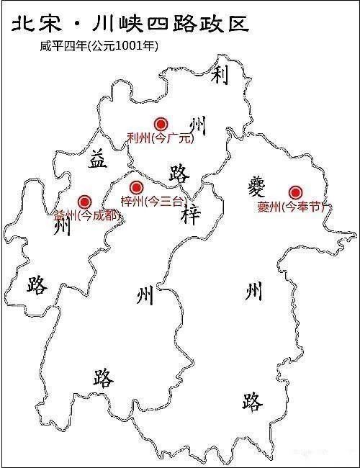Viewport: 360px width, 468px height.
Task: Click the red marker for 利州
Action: tap(161, 124)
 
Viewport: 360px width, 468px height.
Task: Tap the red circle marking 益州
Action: tap(84, 202)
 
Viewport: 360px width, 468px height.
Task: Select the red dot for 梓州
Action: tap(136, 188)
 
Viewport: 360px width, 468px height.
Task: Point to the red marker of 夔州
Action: tap(295, 192)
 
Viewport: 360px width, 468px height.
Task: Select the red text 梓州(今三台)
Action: tap(153, 202)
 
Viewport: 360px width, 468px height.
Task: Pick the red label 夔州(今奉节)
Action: tap(291, 207)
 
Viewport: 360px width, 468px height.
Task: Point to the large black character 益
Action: tap(98, 158)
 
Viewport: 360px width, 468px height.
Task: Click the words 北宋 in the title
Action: tap(36, 24)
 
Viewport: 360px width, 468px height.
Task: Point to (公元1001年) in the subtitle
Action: tap(122, 45)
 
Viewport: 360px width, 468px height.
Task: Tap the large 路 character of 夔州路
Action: tap(252, 401)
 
